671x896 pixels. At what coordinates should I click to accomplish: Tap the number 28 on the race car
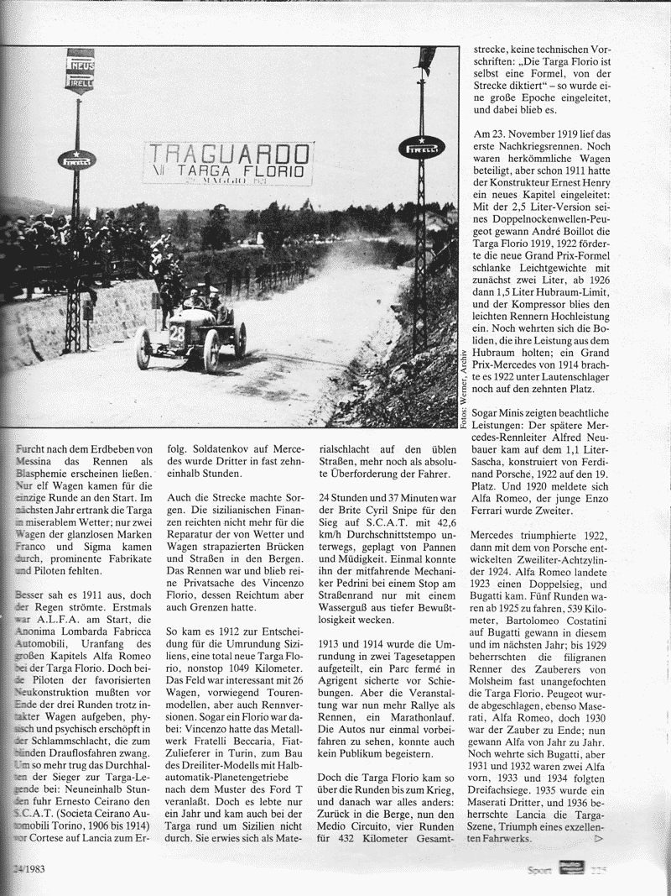[178, 333]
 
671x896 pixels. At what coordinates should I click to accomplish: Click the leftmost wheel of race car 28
[143, 348]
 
